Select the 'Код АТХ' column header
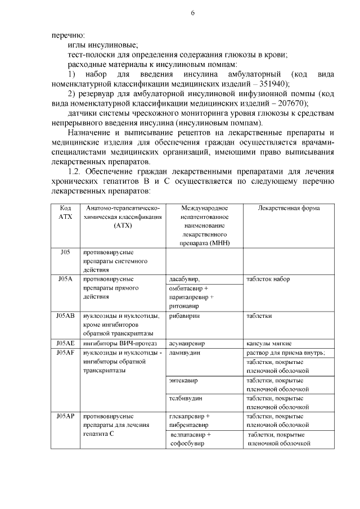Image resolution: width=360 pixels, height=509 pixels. tap(65, 213)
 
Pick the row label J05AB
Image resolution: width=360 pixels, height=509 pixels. tap(65, 316)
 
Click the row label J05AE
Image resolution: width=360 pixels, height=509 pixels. tap(65, 343)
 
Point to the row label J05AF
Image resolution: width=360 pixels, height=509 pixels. tap(65, 353)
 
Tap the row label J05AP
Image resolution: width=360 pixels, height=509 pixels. tap(65, 416)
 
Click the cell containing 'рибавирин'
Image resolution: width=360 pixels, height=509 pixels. tap(184, 316)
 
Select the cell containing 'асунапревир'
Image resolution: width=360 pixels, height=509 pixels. tap(187, 343)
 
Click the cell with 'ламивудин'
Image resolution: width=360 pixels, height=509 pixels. tap(185, 353)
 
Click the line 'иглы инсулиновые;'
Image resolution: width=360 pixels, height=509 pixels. tap(102, 45)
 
